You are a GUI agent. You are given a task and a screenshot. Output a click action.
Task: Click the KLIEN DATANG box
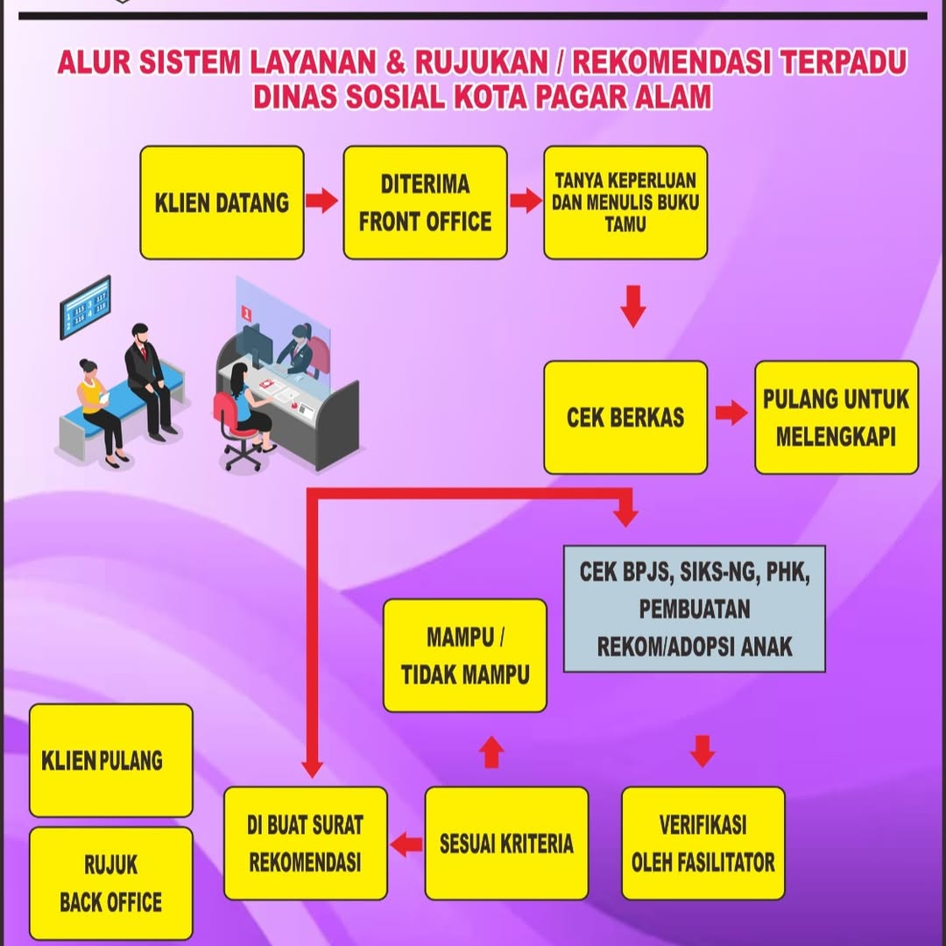pos(222,202)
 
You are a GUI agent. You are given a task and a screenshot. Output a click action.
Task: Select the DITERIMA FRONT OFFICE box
pos(425,202)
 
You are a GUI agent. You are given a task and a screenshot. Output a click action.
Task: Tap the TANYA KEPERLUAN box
pos(625,202)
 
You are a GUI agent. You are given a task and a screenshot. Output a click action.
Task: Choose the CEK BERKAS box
pos(625,417)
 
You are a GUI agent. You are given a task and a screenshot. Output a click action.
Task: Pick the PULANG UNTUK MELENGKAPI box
pos(837,417)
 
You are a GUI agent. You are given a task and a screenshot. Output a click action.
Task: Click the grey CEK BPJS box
pos(694,609)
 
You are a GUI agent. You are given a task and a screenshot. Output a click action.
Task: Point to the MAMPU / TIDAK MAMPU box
pos(465,655)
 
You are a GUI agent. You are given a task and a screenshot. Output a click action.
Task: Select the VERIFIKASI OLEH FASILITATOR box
pos(703,843)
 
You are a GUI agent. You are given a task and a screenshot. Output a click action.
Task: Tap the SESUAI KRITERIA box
pos(506,843)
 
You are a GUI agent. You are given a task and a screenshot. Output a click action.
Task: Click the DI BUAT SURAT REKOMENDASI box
pos(305,843)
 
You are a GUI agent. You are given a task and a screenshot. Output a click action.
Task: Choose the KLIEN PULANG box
pos(111,759)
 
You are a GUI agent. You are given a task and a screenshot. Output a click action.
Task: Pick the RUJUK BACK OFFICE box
pos(111,883)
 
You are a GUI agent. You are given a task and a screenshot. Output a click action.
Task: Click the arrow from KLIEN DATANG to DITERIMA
pos(322,202)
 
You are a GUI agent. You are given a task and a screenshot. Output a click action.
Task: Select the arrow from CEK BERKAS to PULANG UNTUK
pos(731,413)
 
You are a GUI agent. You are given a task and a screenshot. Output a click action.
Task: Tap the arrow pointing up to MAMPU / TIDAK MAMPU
pos(492,752)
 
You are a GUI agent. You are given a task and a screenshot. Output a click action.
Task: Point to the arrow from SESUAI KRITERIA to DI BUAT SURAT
pos(406,845)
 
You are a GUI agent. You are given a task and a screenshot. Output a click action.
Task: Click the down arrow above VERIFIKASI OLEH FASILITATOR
pos(702,752)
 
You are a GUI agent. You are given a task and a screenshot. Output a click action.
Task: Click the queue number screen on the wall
pos(85,307)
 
